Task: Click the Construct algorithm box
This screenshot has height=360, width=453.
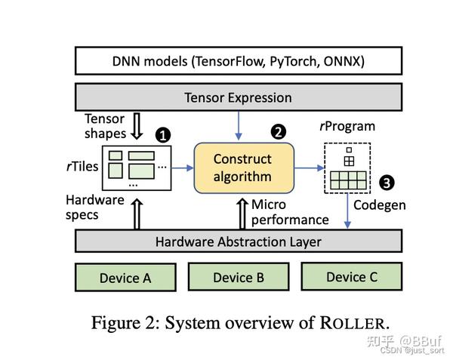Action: point(242,168)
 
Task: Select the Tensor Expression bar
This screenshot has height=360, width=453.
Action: point(238,97)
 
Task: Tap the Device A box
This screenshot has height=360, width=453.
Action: point(125,277)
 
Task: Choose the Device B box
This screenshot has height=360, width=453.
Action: point(238,277)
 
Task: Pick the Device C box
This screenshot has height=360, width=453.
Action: point(351,276)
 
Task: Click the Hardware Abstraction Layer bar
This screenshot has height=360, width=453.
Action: point(238,242)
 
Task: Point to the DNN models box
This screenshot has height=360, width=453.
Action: point(238,60)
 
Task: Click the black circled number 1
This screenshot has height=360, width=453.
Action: point(162,136)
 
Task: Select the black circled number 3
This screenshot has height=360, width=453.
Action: point(387,182)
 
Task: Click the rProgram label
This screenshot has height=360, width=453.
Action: point(347,125)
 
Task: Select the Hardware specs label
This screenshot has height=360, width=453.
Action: point(94,208)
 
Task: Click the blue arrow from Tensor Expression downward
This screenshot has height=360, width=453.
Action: point(238,123)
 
